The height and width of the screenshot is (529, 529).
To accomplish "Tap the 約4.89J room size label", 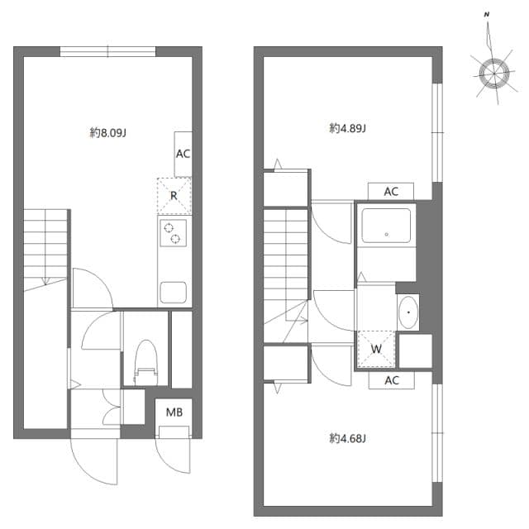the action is coord(347,128).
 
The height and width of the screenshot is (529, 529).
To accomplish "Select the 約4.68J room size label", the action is coord(347,438).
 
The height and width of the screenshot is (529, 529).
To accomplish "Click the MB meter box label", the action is coord(174,412).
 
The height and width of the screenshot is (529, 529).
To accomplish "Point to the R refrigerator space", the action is coord(174,196).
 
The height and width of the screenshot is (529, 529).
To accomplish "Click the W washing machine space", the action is coord(376,349).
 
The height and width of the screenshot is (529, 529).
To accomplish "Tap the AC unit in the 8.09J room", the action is coord(183,154).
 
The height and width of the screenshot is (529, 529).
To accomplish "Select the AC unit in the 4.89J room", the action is coord(391,192).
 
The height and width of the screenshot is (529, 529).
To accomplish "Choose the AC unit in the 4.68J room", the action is coord(391,380).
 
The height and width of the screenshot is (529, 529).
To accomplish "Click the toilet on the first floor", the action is coord(146,362).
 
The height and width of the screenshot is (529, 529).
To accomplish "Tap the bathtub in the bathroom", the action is coord(386,226).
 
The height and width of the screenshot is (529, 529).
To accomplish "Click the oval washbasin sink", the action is coord(408,312).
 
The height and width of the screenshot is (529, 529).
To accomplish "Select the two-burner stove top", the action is coord(173,233).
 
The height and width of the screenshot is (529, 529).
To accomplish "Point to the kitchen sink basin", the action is coord(174,292).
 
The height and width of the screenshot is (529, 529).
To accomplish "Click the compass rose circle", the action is coord(494,74).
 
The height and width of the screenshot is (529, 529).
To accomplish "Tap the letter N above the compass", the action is coord(487,15).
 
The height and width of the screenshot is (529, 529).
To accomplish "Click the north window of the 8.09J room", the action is coord(108,51).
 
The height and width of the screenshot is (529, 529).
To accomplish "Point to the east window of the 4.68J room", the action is coord(437,433).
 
